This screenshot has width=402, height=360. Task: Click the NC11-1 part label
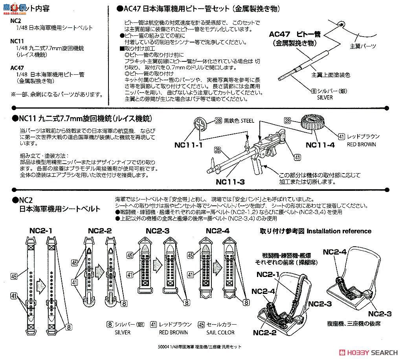point(189,144)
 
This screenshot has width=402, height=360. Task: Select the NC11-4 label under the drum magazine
point(321,144)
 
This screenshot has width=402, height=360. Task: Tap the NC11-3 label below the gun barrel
point(230,182)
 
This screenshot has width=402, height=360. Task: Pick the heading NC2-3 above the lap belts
point(158,231)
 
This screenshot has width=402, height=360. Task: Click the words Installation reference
point(339,231)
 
